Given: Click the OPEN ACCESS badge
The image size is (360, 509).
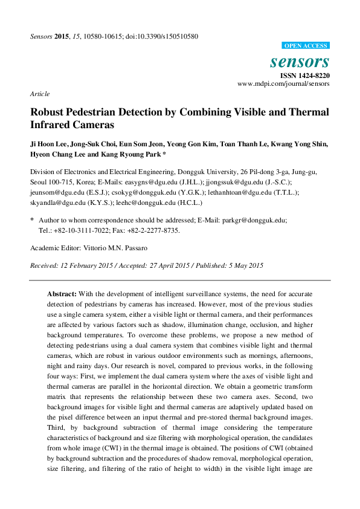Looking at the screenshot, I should pyautogui.click(x=306, y=46).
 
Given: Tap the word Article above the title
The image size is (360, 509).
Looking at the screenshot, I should pyautogui.click(x=39, y=94).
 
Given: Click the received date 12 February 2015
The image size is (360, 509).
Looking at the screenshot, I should pyautogui.click(x=85, y=265).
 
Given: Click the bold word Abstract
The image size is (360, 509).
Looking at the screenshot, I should pyautogui.click(x=62, y=293).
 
